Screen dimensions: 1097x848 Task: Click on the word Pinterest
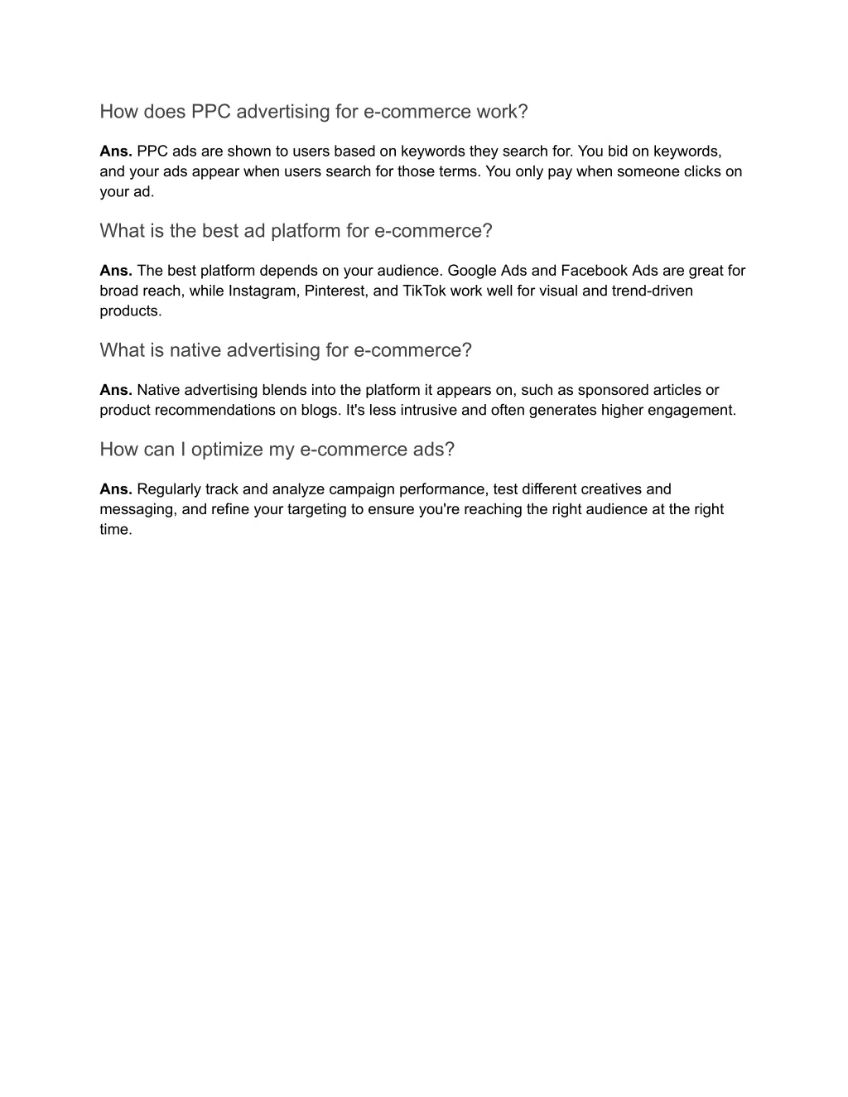(336, 291)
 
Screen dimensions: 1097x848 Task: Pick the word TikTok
(424, 291)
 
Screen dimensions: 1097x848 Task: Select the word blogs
(320, 410)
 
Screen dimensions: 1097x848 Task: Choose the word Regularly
(169, 489)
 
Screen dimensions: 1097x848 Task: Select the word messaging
(137, 509)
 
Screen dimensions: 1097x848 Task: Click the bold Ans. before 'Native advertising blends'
(116, 390)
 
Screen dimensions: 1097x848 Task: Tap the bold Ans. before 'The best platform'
(116, 271)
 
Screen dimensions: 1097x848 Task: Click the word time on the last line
(115, 529)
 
